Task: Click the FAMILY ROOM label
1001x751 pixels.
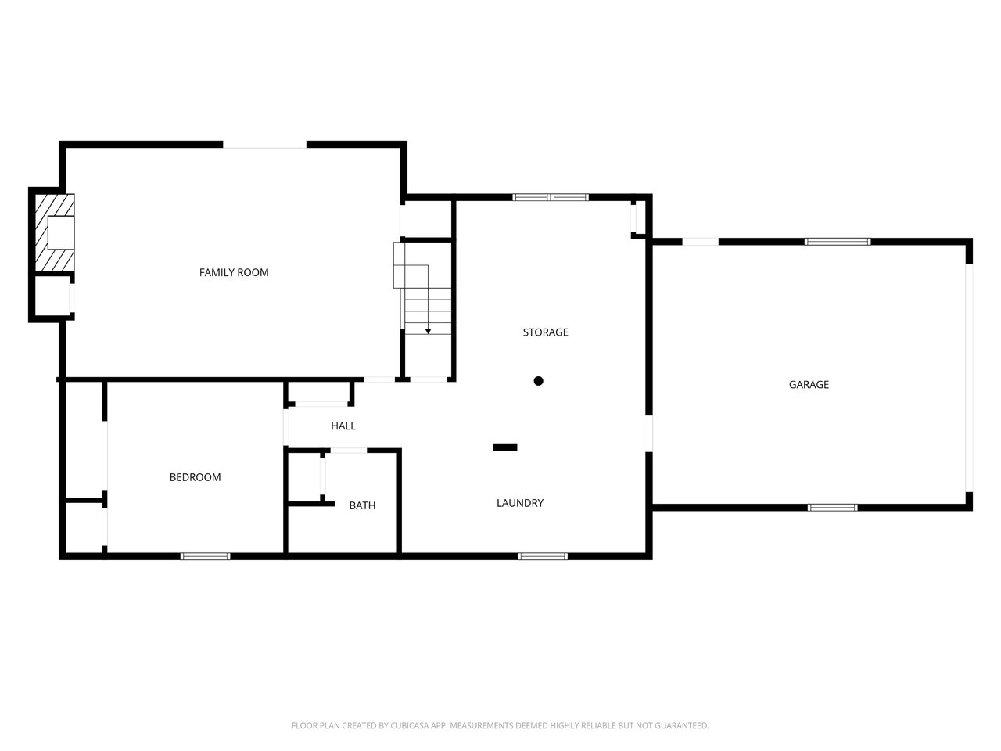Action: point(234,272)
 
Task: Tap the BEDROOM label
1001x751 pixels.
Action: point(195,477)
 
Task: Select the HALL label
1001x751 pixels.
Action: point(343,426)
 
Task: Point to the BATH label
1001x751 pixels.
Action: point(362,505)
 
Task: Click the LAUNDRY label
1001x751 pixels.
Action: point(520,503)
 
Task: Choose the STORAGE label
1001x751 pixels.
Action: point(546,332)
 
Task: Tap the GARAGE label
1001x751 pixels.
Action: point(809,385)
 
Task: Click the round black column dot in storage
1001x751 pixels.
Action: point(538,381)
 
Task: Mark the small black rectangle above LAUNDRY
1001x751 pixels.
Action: point(505,447)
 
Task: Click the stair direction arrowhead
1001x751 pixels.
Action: point(428,332)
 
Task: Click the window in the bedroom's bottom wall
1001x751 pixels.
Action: point(205,556)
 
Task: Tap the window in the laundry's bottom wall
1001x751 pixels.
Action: point(543,556)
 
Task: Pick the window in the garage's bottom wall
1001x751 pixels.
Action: point(832,508)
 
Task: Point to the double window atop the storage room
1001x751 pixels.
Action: point(551,197)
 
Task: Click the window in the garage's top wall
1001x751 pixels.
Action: point(838,242)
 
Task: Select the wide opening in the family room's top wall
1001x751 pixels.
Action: point(264,145)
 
